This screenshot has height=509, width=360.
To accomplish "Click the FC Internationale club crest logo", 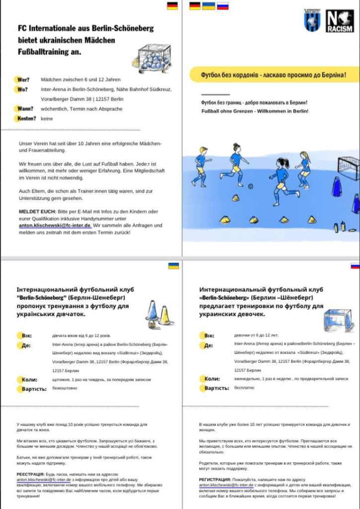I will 312,21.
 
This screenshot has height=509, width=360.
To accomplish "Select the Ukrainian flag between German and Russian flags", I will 209,6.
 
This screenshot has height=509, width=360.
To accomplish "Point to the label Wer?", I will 22,80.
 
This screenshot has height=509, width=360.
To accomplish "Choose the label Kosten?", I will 26,118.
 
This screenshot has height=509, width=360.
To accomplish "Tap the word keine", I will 47,119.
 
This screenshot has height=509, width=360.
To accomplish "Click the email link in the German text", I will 55,225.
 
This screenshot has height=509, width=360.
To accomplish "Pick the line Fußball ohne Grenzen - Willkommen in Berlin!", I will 255,111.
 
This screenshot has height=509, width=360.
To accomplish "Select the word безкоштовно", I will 65,388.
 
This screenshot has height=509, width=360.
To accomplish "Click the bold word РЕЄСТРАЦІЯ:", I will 33,475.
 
